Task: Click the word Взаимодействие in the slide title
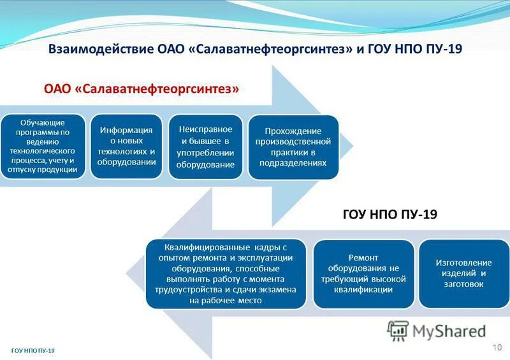101,49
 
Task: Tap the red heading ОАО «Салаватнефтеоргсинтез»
142,89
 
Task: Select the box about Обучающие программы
43,146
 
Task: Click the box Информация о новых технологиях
126,146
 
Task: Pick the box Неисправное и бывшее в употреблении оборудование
205,147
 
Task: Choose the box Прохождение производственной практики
293,147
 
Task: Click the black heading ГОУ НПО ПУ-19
390,214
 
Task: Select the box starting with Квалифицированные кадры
226,274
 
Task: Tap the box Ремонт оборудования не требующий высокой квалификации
363,274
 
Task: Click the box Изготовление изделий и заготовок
464,273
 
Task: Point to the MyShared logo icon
398,331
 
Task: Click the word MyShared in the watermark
449,331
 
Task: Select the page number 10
497,347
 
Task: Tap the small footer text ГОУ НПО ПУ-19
33,350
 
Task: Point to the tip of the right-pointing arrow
353,146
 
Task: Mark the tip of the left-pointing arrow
126,273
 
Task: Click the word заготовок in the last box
464,284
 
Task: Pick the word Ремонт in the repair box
363,258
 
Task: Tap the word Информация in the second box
126,131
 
